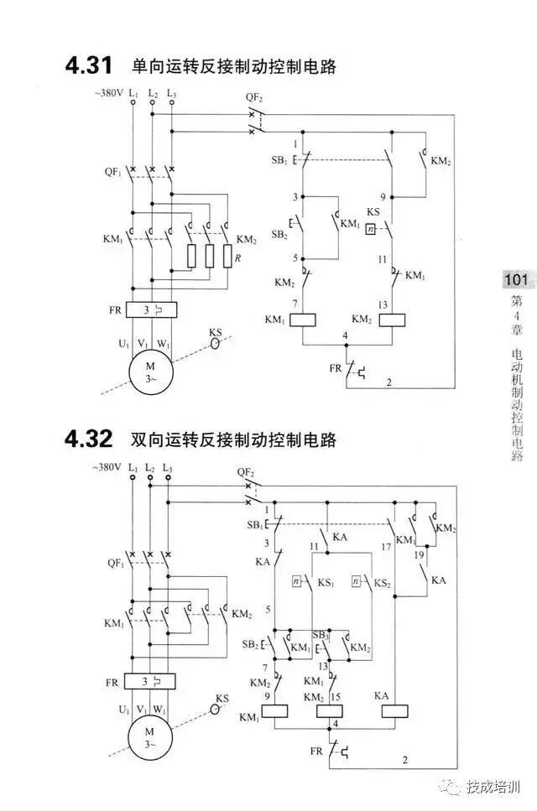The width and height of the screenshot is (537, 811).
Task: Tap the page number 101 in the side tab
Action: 514,280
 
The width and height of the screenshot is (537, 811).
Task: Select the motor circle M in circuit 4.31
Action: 150,372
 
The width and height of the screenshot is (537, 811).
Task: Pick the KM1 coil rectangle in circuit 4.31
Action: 300,320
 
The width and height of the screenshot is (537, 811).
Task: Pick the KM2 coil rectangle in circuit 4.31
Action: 393,320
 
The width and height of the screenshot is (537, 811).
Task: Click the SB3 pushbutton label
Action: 320,636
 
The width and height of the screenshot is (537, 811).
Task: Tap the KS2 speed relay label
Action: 383,581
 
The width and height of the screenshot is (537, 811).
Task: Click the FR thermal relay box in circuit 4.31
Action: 150,309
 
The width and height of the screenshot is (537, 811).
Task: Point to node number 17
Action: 385,547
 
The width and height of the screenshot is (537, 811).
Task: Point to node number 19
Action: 419,555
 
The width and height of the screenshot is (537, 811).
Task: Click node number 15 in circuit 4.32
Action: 336,698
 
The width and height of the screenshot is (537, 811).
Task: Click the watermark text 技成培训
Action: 494,787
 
